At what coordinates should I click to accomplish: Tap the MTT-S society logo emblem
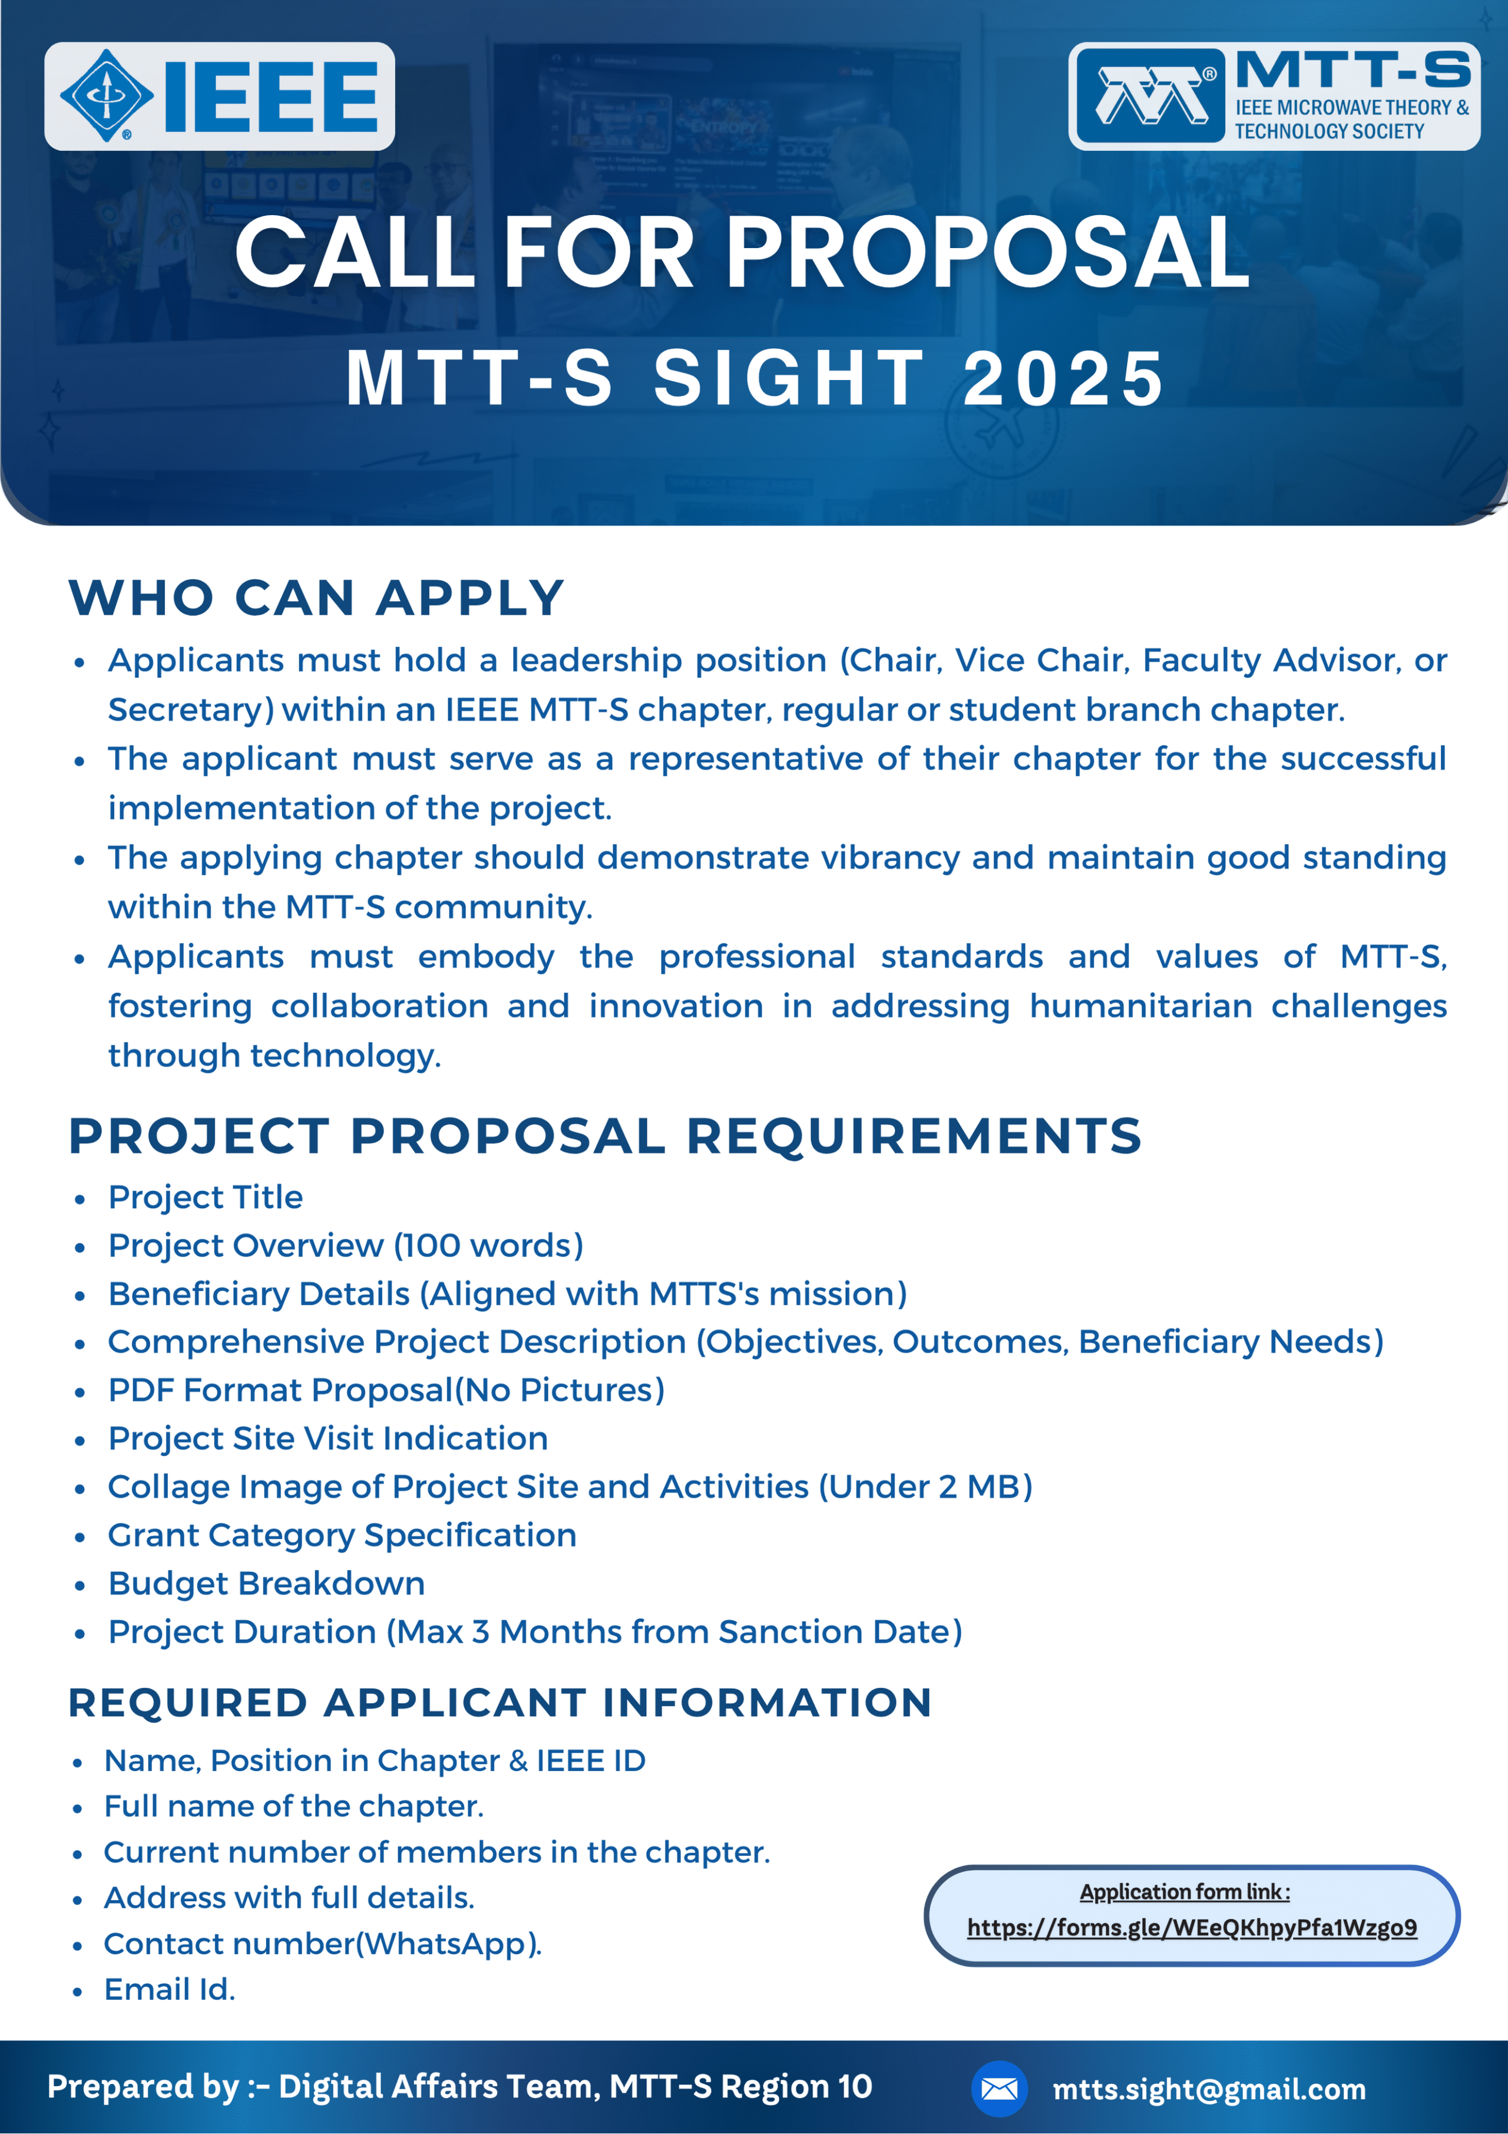[1150, 97]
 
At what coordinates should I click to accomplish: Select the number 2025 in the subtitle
[1064, 378]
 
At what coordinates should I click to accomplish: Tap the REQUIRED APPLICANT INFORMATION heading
[500, 1703]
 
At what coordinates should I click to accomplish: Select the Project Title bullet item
[206, 1197]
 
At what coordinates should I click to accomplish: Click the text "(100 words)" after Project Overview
[489, 1245]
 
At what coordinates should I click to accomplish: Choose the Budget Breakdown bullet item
[267, 1584]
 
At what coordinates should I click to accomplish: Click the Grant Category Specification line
[342, 1535]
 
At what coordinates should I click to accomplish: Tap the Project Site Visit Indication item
[328, 1439]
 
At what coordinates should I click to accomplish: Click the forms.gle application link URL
[1192, 1928]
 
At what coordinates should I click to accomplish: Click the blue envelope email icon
[999, 2089]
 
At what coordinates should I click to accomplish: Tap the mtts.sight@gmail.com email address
[1209, 2089]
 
